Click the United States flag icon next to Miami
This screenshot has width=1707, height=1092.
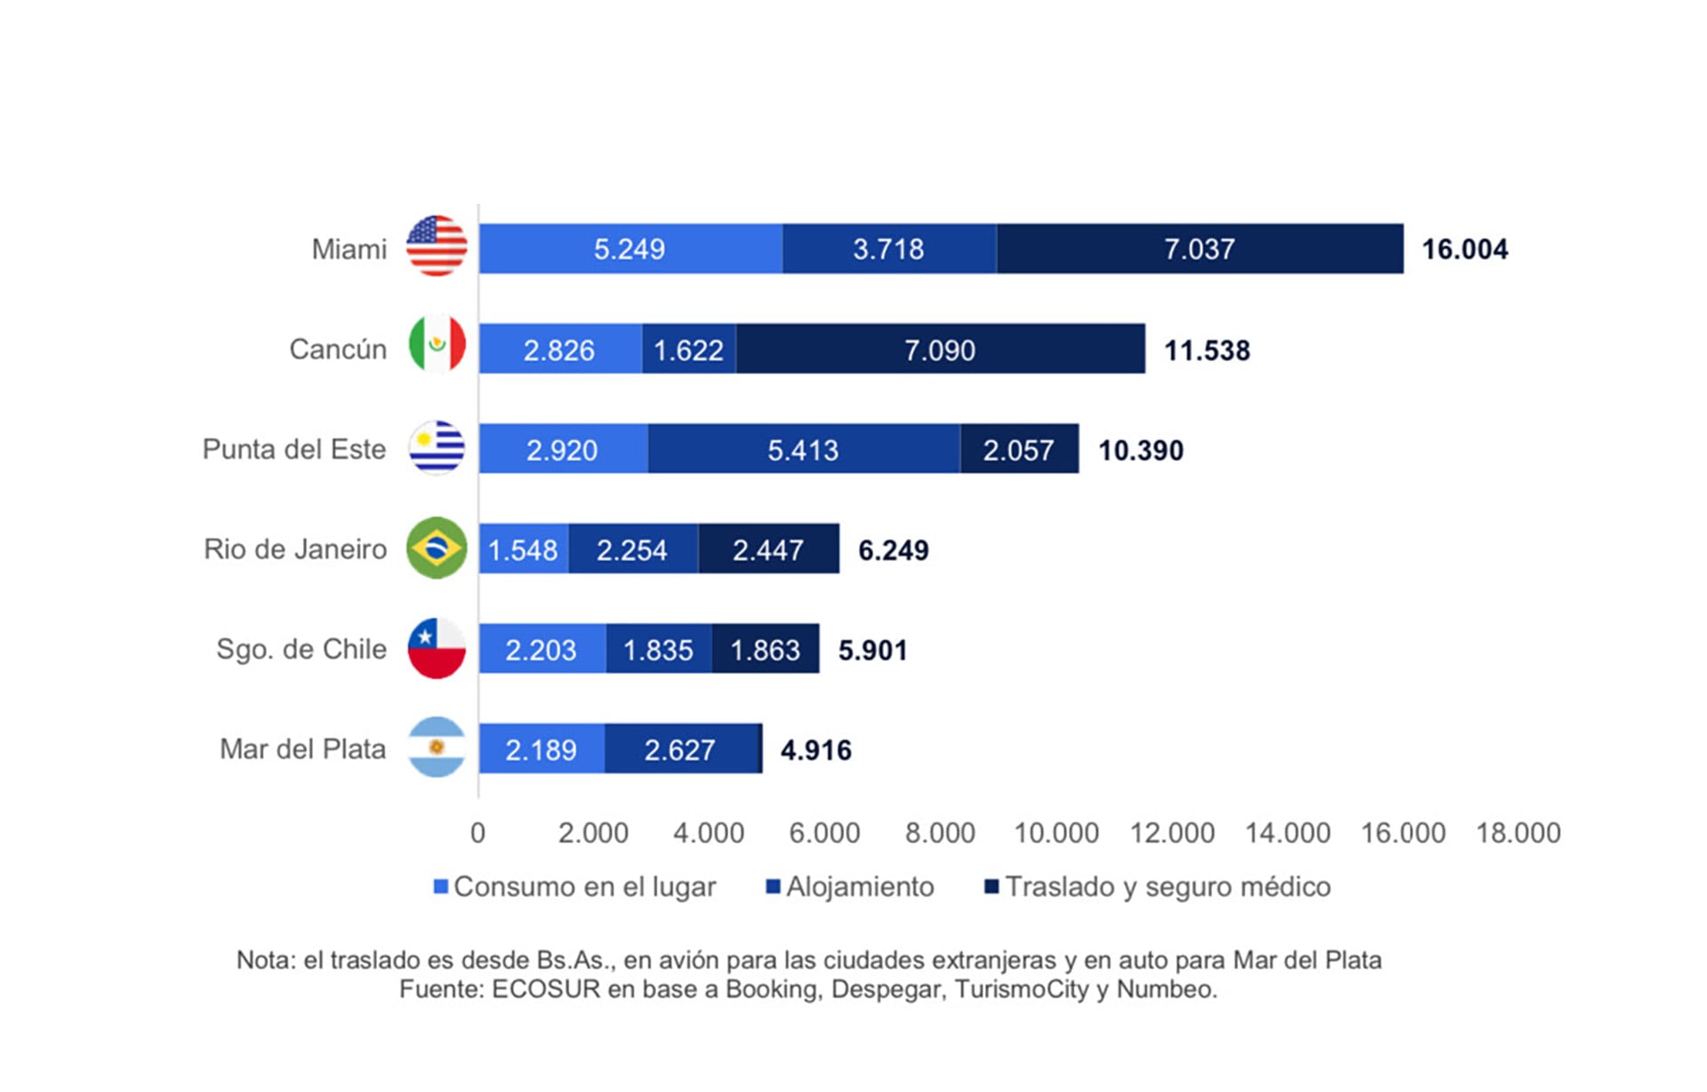pos(437,246)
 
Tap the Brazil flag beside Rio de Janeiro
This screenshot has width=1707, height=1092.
pos(437,548)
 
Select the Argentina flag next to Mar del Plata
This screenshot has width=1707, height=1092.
pos(437,748)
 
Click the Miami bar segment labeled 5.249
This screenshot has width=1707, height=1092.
pos(629,249)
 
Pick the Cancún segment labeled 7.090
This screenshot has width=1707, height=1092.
pos(940,349)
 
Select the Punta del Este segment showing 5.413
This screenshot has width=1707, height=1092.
pos(803,449)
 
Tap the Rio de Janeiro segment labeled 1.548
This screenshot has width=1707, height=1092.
pos(523,550)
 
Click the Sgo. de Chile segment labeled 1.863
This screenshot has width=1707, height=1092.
pos(765,649)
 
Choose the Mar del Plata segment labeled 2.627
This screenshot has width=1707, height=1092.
pos(680,750)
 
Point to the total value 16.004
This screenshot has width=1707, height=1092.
pos(1464,249)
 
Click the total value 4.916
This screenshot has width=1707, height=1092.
pos(815,750)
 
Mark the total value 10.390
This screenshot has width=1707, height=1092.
pos(1141,450)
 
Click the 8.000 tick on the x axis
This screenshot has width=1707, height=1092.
pos(940,832)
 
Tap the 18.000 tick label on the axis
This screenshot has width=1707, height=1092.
pos(1518,832)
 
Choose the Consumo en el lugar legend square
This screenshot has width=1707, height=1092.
pos(440,887)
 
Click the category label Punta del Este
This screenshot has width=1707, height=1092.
pos(294,449)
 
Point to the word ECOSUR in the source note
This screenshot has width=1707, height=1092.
pos(545,989)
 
